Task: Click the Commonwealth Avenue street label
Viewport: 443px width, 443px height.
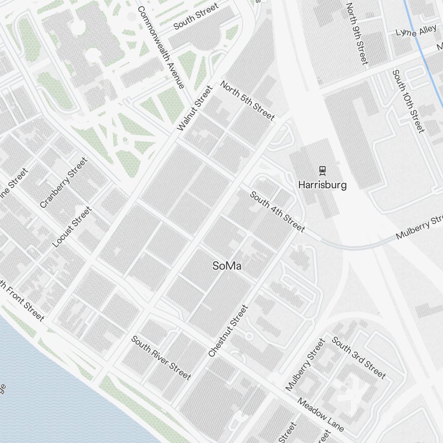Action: coord(160,47)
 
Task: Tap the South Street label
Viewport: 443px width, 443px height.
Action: coord(196,16)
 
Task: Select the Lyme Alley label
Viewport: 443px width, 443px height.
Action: coord(410,31)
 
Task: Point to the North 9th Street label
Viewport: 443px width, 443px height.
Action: coord(357,34)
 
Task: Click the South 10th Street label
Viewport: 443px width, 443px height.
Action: coord(408,101)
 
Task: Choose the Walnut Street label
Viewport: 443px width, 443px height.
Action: coord(195,109)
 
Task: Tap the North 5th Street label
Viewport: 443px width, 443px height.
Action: coord(247,101)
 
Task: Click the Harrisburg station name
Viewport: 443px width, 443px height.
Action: coord(322,185)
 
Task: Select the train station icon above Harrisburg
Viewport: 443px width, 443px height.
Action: coord(323,170)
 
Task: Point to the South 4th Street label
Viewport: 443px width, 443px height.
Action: coord(277,212)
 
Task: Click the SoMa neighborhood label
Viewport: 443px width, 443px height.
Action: coord(227,266)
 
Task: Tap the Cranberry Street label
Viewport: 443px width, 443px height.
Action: coord(63,183)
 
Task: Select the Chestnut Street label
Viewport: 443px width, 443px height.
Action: coord(228,331)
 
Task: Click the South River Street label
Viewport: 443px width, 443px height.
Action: coord(161,358)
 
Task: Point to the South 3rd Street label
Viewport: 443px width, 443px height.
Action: coord(359,358)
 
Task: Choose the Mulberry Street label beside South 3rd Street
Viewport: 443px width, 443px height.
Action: coord(305,365)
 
